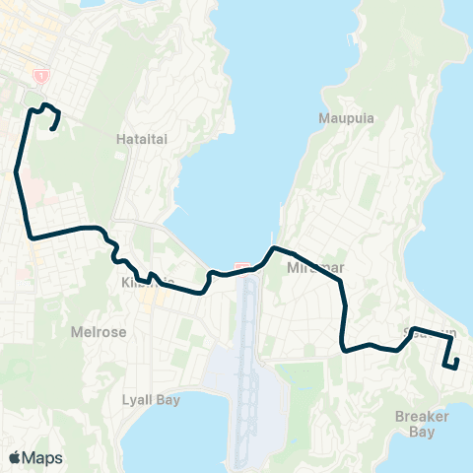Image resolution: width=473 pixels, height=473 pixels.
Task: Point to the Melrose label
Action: tap(99, 332)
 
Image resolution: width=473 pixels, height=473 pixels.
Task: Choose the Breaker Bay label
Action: tap(422, 424)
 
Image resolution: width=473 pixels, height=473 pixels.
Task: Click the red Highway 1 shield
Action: tap(40, 75)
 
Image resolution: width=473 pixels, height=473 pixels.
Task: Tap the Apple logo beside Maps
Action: tap(15, 457)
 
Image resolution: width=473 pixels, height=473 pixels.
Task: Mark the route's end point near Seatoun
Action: tap(457, 366)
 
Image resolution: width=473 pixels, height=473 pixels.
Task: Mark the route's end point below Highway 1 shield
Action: tap(52, 127)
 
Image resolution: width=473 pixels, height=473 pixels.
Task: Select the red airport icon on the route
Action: tap(243, 267)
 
